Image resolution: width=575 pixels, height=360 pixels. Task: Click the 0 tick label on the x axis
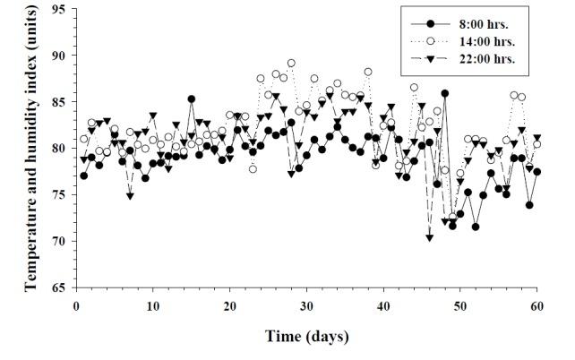pyautogui.click(x=76, y=305)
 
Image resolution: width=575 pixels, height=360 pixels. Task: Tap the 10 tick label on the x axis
pyautogui.click(x=153, y=305)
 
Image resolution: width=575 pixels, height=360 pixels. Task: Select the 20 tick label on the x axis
pyautogui.click(x=230, y=305)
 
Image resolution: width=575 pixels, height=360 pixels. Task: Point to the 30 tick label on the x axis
pyautogui.click(x=307, y=305)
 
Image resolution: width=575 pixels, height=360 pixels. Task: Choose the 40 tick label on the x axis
pyautogui.click(x=383, y=305)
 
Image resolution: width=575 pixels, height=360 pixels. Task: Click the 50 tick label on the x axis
pyautogui.click(x=460, y=305)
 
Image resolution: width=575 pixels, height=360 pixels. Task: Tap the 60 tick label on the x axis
pyautogui.click(x=537, y=305)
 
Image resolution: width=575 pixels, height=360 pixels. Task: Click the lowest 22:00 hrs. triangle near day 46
pyautogui.click(x=430, y=237)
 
